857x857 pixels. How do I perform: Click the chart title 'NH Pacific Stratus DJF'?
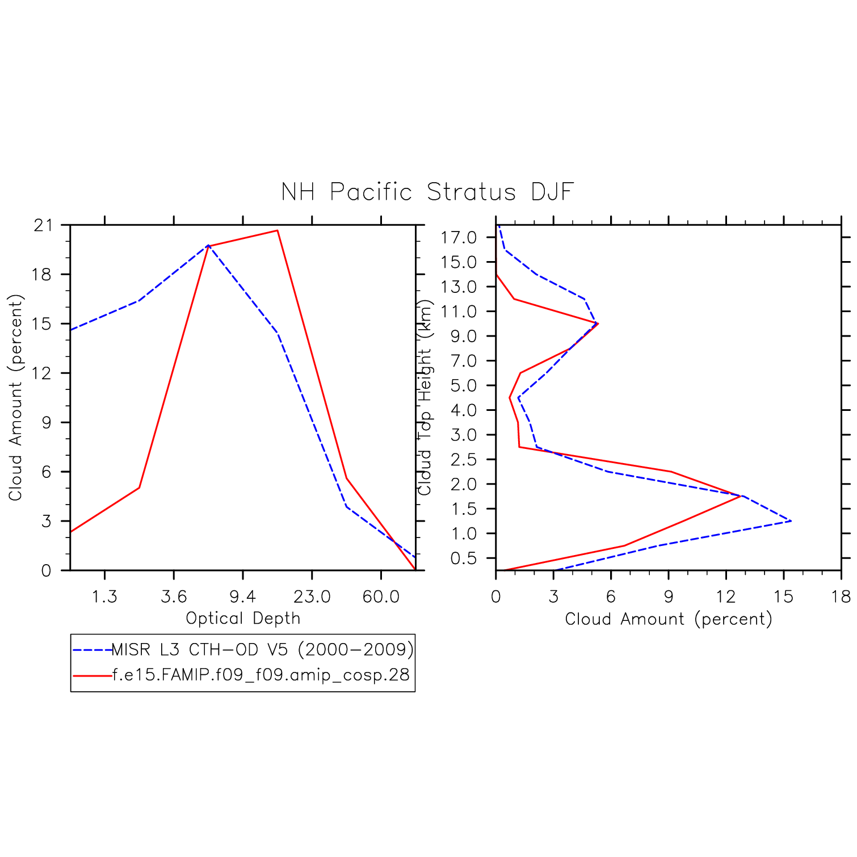[427, 192]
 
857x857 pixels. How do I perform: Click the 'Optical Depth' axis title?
[243, 618]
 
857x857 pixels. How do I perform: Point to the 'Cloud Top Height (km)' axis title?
[425, 397]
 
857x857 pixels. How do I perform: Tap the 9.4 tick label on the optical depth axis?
[243, 596]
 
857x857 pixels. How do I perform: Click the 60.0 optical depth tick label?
[381, 596]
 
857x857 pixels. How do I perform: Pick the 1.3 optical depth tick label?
[105, 596]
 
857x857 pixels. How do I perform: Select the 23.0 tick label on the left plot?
[312, 596]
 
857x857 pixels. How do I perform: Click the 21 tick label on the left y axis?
[43, 225]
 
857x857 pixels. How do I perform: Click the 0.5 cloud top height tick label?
[463, 558]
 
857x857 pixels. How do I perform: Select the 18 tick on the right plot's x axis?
[841, 596]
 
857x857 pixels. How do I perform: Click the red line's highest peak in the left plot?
[277, 230]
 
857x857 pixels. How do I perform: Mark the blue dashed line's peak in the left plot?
[208, 246]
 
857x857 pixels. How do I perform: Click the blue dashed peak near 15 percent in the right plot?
[791, 521]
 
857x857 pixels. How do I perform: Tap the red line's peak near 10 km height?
[598, 324]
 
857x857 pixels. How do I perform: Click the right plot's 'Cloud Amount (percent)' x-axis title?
[669, 619]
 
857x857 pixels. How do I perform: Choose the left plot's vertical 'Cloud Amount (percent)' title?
[15, 397]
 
